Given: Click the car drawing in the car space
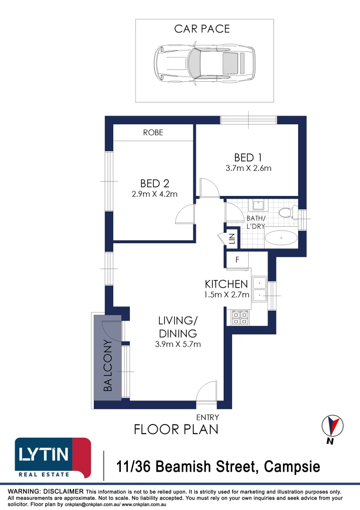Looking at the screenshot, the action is click(x=204, y=63).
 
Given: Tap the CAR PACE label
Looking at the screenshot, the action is click(x=202, y=29).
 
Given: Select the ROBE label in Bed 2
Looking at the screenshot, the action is click(x=153, y=132).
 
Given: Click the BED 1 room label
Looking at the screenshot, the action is click(x=248, y=157).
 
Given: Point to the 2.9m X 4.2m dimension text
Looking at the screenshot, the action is click(x=155, y=194).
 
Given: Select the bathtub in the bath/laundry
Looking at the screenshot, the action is click(x=281, y=238).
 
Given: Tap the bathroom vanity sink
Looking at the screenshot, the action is click(x=258, y=205).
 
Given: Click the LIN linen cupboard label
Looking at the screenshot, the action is click(x=232, y=238).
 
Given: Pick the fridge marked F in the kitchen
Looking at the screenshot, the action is click(x=237, y=260).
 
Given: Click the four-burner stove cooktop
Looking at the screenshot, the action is click(x=240, y=318).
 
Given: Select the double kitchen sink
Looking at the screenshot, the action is click(x=260, y=289).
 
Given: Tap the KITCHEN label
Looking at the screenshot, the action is click(x=226, y=284).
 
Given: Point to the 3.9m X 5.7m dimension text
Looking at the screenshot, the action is click(x=178, y=344).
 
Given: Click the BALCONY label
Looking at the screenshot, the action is click(x=108, y=365).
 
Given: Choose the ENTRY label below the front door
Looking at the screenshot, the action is click(x=207, y=417).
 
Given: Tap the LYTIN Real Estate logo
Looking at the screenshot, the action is click(x=53, y=458).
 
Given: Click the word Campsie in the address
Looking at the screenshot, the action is click(x=292, y=467).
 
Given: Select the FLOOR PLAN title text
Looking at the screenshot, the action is click(x=176, y=430).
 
